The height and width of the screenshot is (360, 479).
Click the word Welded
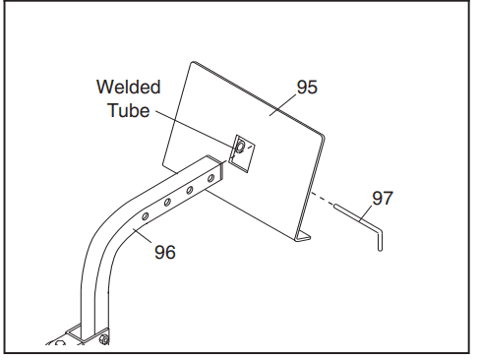pos(128,87)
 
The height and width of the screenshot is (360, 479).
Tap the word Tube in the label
pos(128,110)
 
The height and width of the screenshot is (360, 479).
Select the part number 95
pos(307,88)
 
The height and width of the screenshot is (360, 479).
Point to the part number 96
pos(165,252)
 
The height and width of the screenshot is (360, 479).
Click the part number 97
pos(383,198)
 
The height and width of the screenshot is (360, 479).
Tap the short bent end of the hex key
pos(380,240)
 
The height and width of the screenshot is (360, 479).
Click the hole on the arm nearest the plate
pos(211,178)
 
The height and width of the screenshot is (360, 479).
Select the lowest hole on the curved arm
pos(145,216)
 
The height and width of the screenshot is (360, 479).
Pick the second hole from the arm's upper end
pos(190,190)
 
